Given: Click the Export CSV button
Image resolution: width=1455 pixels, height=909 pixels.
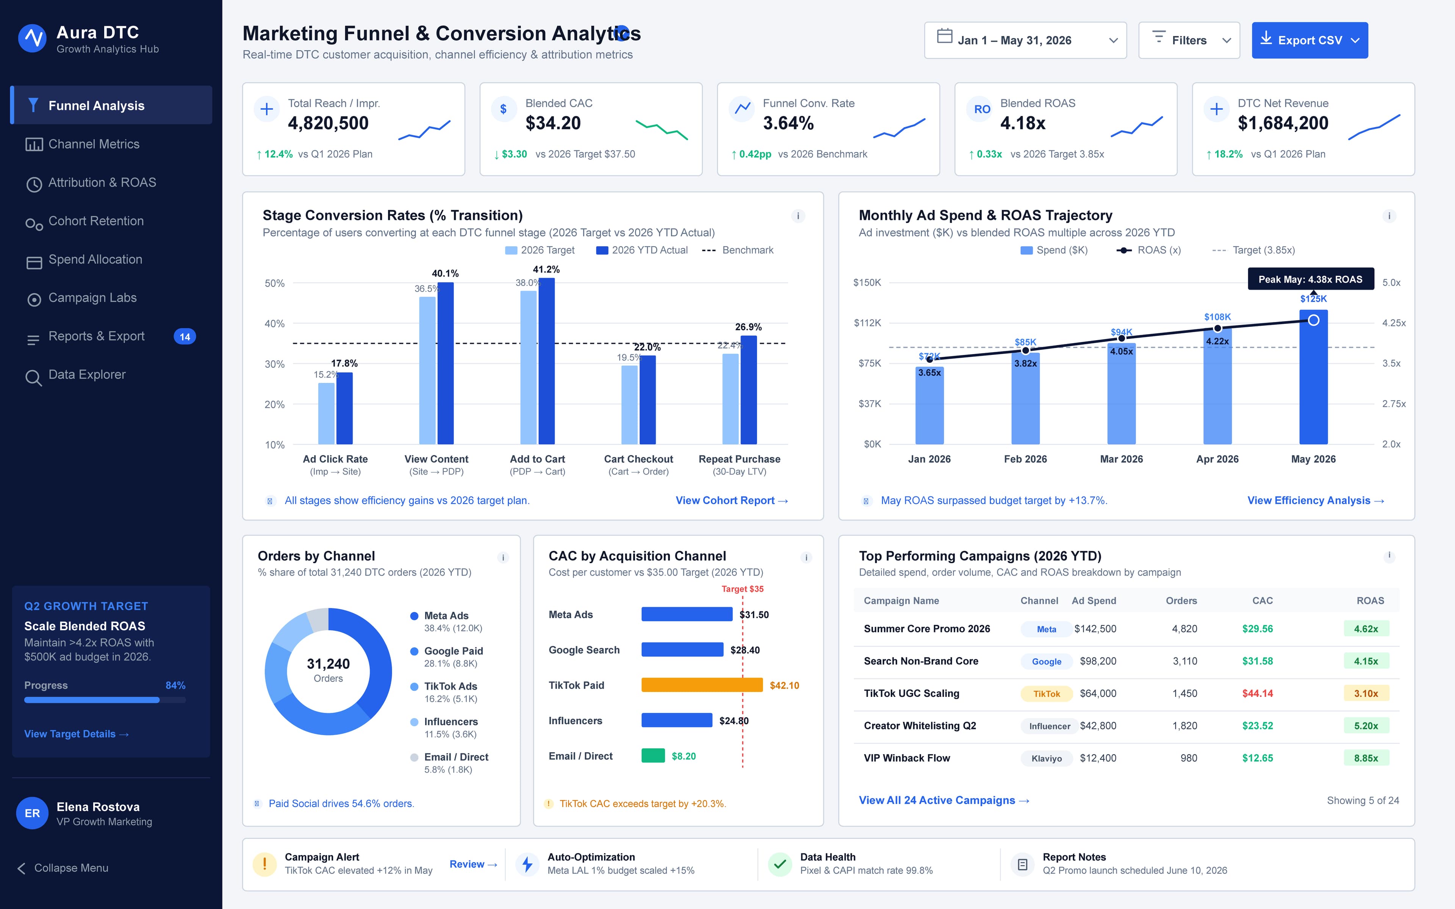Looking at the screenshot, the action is (x=1309, y=40).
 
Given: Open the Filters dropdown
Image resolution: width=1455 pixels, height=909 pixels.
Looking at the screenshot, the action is (x=1189, y=40).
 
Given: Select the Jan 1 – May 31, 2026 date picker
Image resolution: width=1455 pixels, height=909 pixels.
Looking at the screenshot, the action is (x=1025, y=40).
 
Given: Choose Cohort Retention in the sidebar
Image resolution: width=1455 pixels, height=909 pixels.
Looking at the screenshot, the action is (x=95, y=221).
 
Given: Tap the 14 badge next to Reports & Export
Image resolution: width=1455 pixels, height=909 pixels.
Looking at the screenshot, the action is (x=185, y=337).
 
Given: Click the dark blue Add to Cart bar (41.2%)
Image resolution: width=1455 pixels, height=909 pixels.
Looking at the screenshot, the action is (x=546, y=361).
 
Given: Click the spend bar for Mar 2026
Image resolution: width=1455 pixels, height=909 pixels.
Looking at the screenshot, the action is (x=1121, y=394).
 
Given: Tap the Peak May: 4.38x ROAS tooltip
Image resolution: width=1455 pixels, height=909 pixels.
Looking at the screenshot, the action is (x=1311, y=279).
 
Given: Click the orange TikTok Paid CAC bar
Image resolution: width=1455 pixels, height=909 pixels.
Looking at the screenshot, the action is (x=702, y=685).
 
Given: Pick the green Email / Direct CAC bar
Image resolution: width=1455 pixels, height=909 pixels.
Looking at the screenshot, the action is (x=653, y=756).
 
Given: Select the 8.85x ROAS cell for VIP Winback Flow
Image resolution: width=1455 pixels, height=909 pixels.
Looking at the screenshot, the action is (x=1366, y=758).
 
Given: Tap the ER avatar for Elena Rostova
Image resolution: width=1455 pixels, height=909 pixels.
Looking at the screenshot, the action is (x=33, y=813).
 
